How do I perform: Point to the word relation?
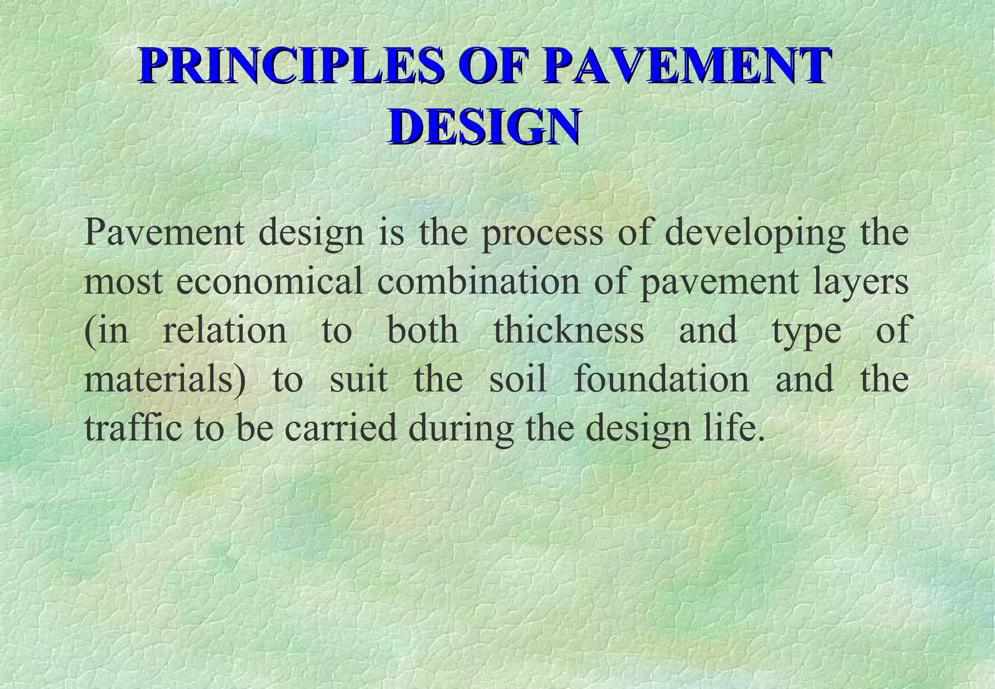click(224, 330)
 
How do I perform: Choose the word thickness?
click(569, 330)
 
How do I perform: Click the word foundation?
click(661, 379)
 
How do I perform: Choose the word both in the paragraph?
click(423, 330)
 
